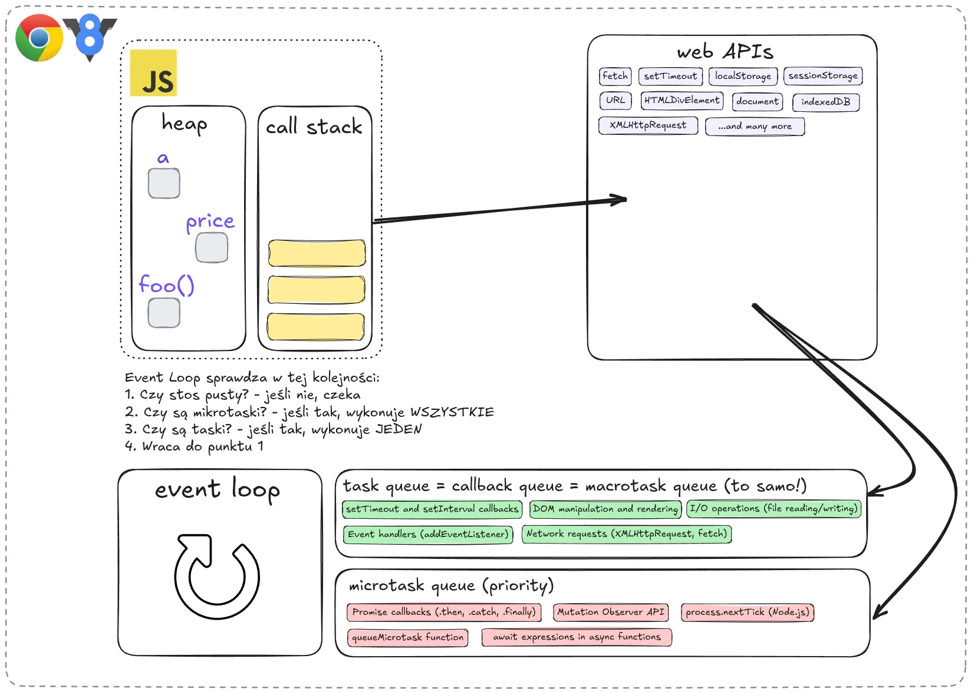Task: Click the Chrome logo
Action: click(x=39, y=38)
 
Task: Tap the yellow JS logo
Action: click(x=153, y=73)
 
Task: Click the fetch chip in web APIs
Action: click(x=615, y=76)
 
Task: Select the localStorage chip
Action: click(x=743, y=76)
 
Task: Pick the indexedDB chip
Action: click(x=826, y=102)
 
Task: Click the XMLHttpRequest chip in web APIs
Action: click(x=648, y=125)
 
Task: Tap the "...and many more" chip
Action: click(x=755, y=127)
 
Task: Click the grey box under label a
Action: click(x=164, y=183)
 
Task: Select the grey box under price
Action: click(x=212, y=248)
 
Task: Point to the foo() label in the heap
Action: click(x=166, y=285)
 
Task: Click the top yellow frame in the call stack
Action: click(x=317, y=253)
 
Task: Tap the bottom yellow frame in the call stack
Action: click(x=315, y=326)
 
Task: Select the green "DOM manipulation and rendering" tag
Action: click(x=605, y=509)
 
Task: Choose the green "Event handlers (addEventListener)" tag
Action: click(x=428, y=534)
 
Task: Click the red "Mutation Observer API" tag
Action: click(x=611, y=612)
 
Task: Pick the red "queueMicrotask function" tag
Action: click(x=407, y=637)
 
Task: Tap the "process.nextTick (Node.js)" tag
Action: click(x=748, y=612)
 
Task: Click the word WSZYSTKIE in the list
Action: click(x=452, y=412)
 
